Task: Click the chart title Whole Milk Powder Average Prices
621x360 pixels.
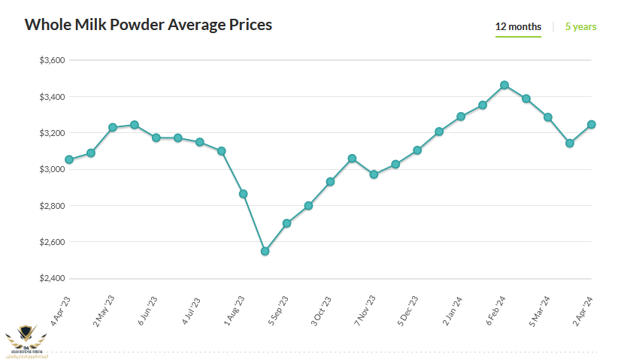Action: (148, 25)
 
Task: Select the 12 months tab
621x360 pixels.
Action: (518, 27)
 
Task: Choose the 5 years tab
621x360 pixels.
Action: (580, 27)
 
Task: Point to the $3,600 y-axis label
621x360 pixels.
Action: (53, 60)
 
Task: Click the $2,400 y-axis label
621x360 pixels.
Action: (53, 279)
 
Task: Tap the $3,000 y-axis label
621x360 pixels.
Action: (53, 170)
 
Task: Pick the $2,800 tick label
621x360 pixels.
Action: (53, 206)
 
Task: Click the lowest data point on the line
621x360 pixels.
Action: (265, 251)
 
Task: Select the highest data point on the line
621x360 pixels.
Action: (504, 85)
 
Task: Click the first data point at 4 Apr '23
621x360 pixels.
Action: (69, 159)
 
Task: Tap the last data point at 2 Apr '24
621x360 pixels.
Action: (592, 125)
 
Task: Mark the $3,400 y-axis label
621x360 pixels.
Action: (53, 97)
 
